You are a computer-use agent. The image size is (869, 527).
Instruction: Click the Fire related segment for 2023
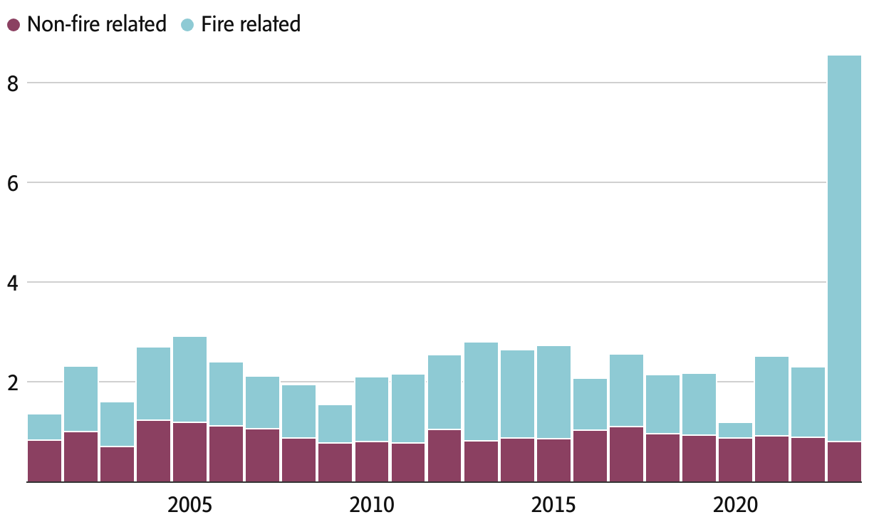pyautogui.click(x=844, y=249)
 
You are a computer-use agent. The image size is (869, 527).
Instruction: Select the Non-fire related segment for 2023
pyautogui.click(x=844, y=461)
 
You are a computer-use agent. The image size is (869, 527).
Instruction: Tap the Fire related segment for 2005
pyautogui.click(x=189, y=380)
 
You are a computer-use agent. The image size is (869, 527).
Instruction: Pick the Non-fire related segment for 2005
pyautogui.click(x=189, y=452)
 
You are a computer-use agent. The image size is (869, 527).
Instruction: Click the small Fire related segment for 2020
pyautogui.click(x=735, y=430)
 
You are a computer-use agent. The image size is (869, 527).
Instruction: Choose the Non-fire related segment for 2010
pyautogui.click(x=372, y=461)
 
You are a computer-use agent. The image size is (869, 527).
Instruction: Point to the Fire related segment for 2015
pyautogui.click(x=553, y=392)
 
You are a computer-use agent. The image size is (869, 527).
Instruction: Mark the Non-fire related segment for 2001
pyautogui.click(x=44, y=461)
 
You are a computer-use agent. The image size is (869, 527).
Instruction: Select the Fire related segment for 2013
pyautogui.click(x=481, y=392)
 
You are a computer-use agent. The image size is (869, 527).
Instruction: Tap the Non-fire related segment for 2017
pyautogui.click(x=626, y=454)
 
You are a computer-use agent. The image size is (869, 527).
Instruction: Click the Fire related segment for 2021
pyautogui.click(x=771, y=396)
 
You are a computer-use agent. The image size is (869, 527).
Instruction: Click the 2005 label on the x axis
pyautogui.click(x=189, y=506)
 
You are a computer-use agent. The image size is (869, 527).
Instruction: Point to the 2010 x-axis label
pyautogui.click(x=372, y=506)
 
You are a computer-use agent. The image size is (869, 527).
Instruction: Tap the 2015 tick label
pyautogui.click(x=553, y=506)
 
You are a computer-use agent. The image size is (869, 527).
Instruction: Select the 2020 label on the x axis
pyautogui.click(x=735, y=506)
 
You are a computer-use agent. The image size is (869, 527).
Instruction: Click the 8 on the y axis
pyautogui.click(x=12, y=83)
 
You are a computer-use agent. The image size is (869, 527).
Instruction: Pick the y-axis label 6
pyautogui.click(x=12, y=183)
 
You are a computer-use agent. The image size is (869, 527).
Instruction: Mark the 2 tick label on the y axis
pyautogui.click(x=12, y=382)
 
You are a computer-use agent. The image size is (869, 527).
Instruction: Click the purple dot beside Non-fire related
pyautogui.click(x=14, y=25)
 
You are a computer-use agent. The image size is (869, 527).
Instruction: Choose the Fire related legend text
pyautogui.click(x=251, y=24)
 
